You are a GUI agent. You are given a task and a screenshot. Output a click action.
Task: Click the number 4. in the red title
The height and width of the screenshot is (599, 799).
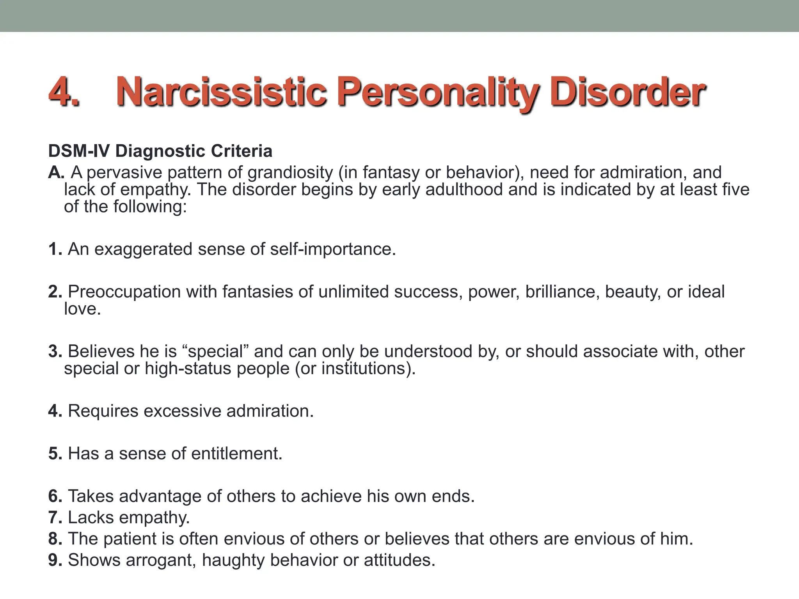point(64,92)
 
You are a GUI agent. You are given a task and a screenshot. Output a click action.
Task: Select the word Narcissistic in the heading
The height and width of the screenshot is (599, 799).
point(221,92)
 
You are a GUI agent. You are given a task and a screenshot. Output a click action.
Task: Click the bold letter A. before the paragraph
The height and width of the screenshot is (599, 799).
point(56,172)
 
